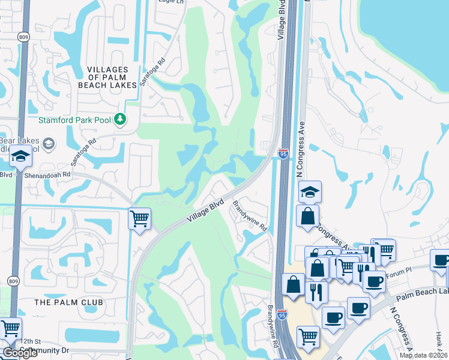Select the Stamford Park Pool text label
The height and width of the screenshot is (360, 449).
pyautogui.click(x=74, y=120)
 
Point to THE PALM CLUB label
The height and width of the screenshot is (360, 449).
pyautogui.click(x=69, y=302)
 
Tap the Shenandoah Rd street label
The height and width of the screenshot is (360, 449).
pyautogui.click(x=47, y=176)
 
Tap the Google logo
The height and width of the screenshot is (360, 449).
pyautogui.click(x=20, y=353)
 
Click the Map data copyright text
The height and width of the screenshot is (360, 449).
pyautogui.click(x=423, y=355)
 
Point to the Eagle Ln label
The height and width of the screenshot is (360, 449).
pyautogui.click(x=170, y=2)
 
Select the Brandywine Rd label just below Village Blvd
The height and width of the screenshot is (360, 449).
pyautogui.click(x=250, y=217)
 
